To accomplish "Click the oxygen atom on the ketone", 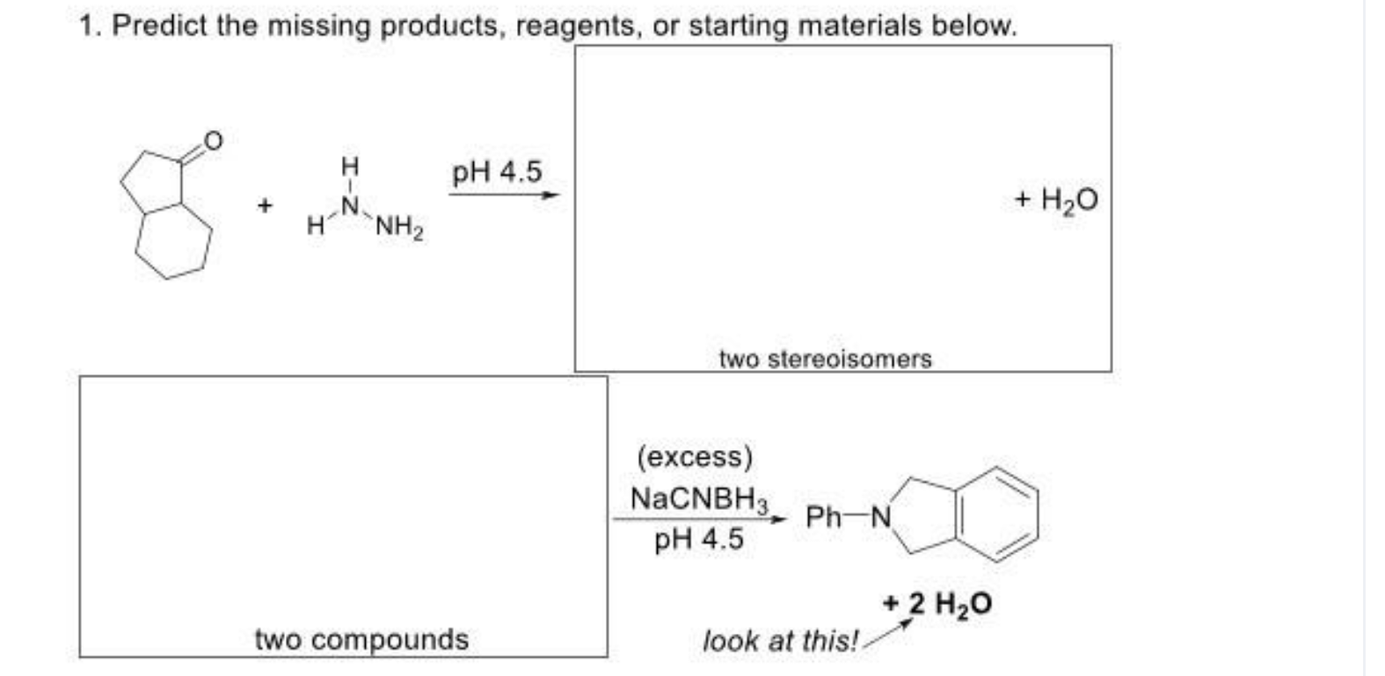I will [213, 140].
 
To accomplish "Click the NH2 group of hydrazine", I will [400, 229].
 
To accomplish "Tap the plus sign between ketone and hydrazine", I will [263, 206].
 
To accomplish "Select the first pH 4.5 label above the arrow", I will [497, 172].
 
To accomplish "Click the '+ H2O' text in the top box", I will [1055, 200].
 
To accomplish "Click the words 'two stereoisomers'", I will [825, 359].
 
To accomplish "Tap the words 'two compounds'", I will [361, 639].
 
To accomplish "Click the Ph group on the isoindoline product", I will [824, 517].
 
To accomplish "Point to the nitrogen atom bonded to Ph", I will [880, 517].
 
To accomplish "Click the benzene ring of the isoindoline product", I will [1000, 515].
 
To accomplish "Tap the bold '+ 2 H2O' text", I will [937, 604].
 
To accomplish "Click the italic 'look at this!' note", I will [779, 641].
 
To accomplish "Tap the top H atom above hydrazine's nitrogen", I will [350, 165].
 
